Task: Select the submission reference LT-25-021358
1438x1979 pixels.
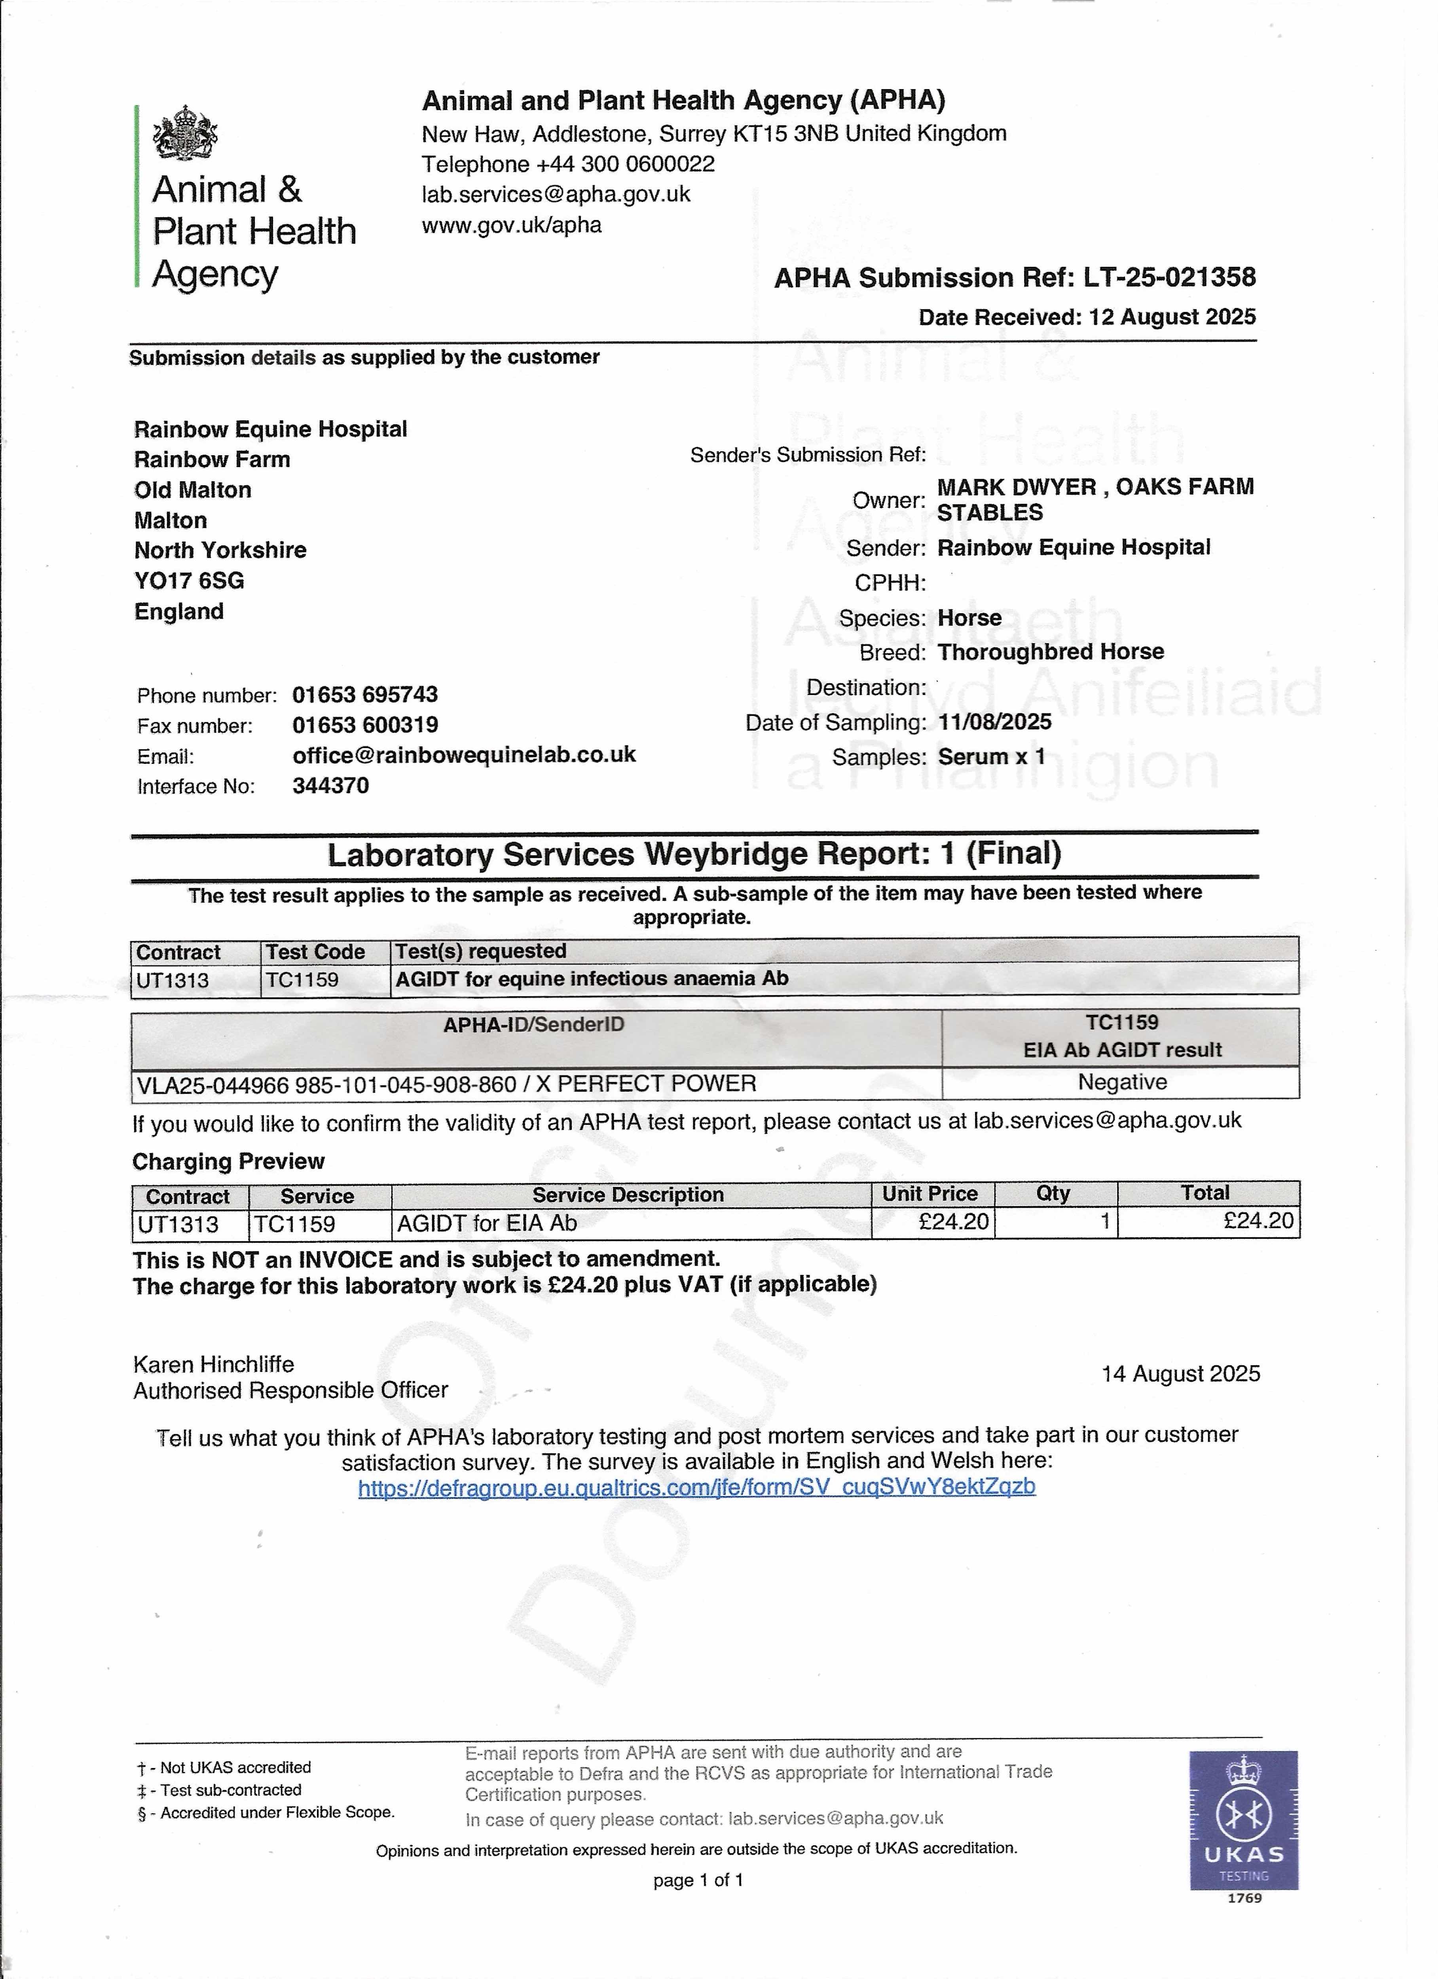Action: [x=1169, y=277]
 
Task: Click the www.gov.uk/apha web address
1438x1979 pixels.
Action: [x=511, y=225]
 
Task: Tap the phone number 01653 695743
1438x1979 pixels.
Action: [x=365, y=695]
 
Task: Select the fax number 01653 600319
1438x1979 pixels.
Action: [x=365, y=725]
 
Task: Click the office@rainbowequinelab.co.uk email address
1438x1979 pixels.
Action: [x=464, y=755]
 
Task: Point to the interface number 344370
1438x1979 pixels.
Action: [x=331, y=785]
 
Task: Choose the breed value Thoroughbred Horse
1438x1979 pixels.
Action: [x=1051, y=652]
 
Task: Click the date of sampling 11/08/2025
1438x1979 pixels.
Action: [x=995, y=722]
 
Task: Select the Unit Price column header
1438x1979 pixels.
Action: [x=930, y=1194]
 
